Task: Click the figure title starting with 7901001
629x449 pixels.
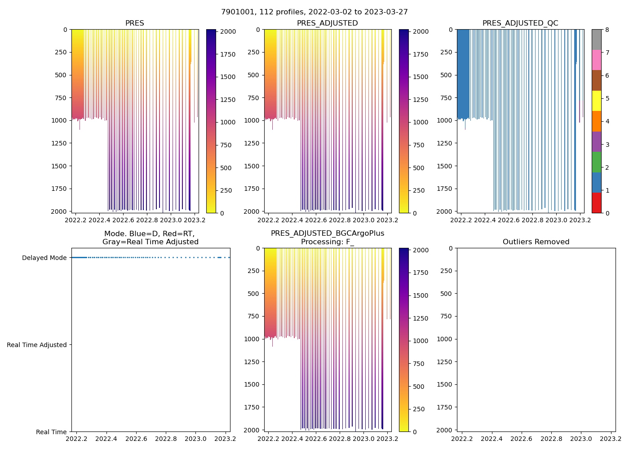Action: (x=314, y=12)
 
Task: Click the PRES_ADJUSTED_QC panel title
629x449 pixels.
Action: (x=520, y=23)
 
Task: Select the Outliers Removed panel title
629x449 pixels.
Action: (x=536, y=242)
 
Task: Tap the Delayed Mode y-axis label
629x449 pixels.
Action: (x=44, y=258)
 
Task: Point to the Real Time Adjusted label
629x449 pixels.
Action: (x=36, y=345)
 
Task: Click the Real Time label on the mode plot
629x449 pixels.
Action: (x=51, y=432)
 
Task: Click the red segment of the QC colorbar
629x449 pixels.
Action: (x=596, y=202)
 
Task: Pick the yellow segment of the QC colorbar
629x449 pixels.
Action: (x=596, y=101)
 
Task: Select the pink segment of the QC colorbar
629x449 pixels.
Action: (x=596, y=60)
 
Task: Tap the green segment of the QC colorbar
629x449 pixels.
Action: (x=596, y=162)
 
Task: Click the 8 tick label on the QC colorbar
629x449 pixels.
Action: (x=607, y=30)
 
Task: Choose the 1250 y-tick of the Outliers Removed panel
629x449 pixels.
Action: (x=445, y=362)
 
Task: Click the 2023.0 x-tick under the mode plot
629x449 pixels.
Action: (x=195, y=439)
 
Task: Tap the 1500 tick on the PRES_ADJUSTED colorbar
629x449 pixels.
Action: (x=421, y=77)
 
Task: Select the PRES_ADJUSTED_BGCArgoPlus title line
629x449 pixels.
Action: (x=327, y=233)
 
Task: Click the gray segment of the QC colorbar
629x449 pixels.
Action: (x=596, y=40)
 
